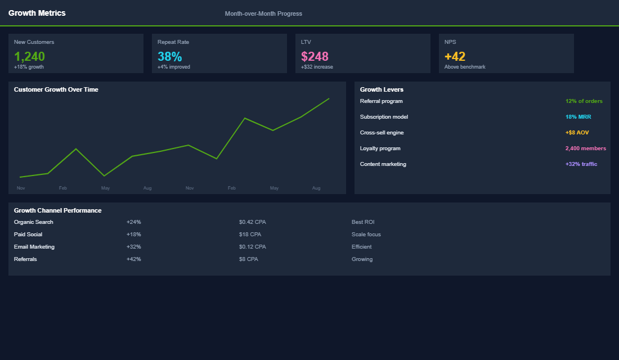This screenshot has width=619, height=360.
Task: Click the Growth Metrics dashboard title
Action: click(x=37, y=13)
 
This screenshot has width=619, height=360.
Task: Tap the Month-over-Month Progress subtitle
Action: click(x=263, y=13)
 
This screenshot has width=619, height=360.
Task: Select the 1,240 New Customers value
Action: click(x=29, y=56)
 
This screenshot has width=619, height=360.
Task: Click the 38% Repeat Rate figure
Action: click(x=169, y=56)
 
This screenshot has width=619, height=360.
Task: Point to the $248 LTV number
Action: click(x=315, y=56)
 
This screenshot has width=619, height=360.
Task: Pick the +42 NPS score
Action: click(x=455, y=56)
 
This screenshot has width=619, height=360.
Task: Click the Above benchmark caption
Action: click(x=465, y=67)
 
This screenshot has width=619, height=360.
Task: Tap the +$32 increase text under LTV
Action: click(x=317, y=67)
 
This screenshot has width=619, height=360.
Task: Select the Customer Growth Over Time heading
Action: click(x=56, y=89)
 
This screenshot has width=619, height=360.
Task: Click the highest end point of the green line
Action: click(x=329, y=98)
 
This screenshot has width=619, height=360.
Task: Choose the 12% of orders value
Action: click(x=584, y=101)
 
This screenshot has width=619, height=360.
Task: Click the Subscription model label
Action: click(x=384, y=117)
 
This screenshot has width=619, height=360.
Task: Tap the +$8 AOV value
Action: click(x=577, y=133)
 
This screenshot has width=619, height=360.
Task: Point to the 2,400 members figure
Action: click(x=585, y=148)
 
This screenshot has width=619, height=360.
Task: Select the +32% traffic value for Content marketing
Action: click(x=581, y=164)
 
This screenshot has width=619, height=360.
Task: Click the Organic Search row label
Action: click(x=34, y=222)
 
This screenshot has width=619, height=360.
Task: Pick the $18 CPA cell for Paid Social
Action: click(x=250, y=235)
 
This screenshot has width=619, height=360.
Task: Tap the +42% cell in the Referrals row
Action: click(x=134, y=259)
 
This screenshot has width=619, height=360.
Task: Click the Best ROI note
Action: click(x=363, y=222)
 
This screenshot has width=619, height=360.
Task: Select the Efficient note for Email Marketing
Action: click(x=361, y=247)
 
